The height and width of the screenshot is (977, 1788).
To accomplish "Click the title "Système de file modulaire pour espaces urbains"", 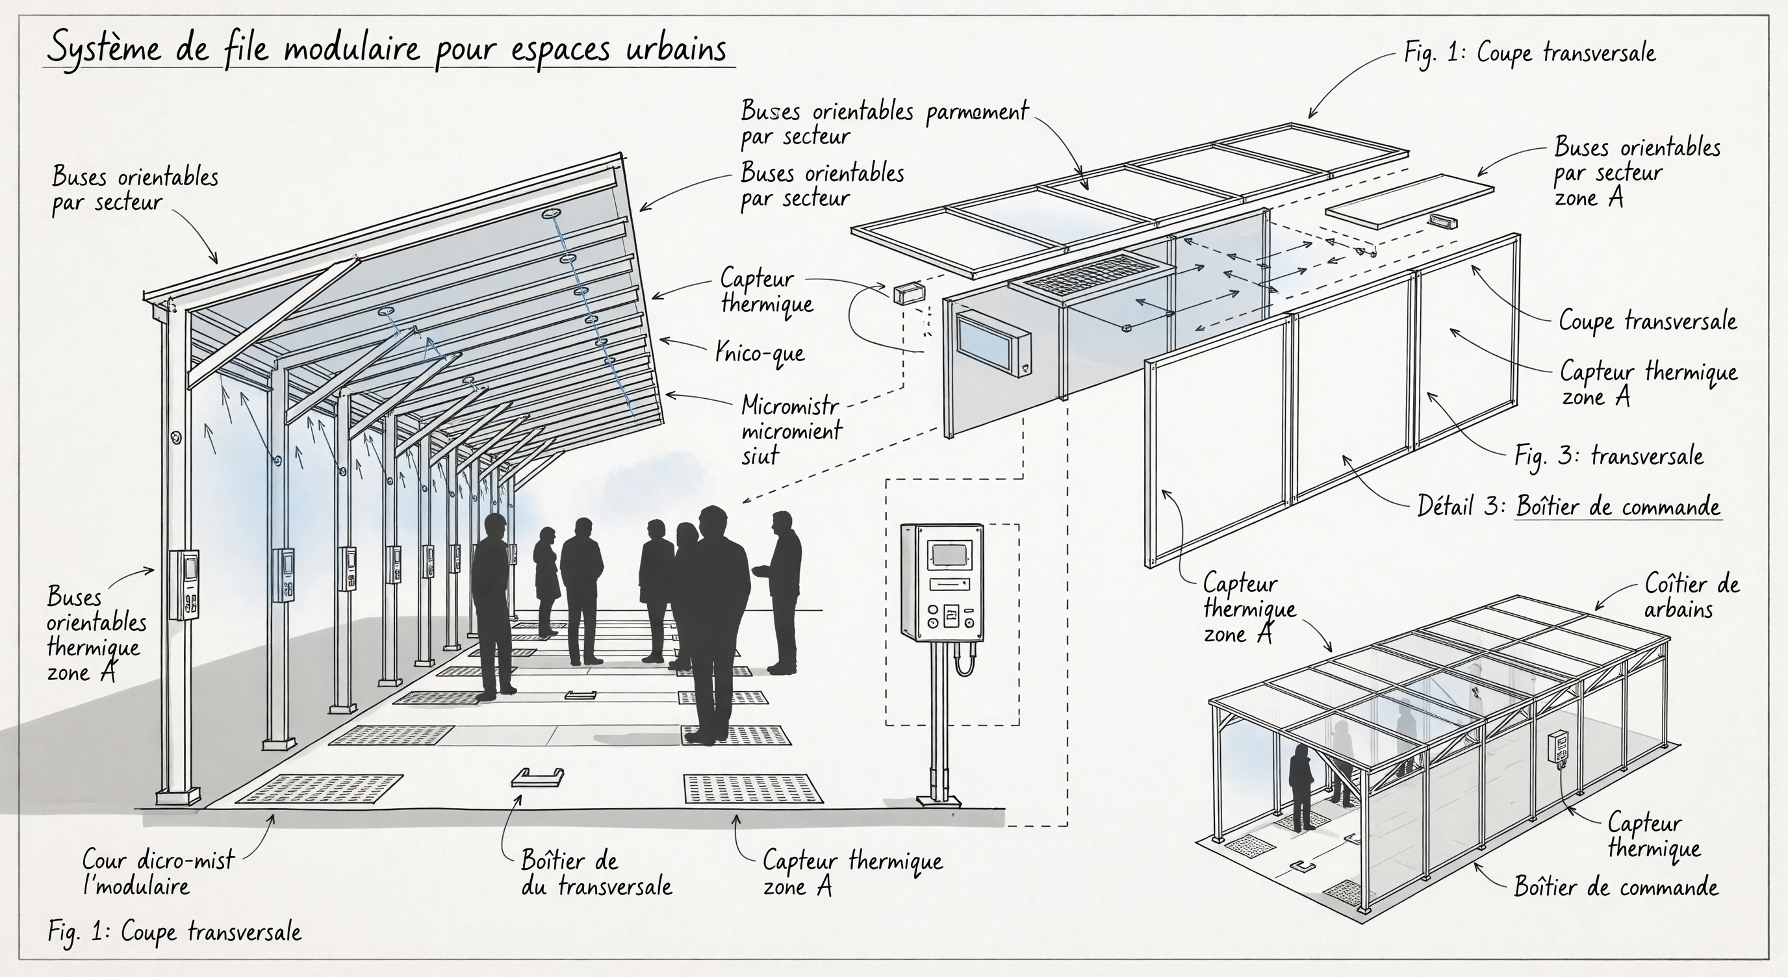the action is [387, 49].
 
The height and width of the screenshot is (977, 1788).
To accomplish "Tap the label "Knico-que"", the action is [760, 353].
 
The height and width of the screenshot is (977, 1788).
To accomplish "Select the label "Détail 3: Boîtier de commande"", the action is [1568, 506].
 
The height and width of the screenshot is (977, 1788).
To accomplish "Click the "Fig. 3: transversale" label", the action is [1608, 457].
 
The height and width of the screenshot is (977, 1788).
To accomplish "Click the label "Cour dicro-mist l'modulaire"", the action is [159, 873].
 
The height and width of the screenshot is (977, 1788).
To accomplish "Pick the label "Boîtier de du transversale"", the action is [596, 873].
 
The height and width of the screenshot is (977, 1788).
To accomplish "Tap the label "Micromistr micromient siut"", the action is [791, 430].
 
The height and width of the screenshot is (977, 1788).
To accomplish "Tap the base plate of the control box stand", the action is [939, 801].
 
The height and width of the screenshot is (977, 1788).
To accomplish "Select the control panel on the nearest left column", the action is [185, 584].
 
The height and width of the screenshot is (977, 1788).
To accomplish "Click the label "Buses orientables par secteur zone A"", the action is [1637, 172].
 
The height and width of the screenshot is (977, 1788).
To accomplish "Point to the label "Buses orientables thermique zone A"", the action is [96, 634].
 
